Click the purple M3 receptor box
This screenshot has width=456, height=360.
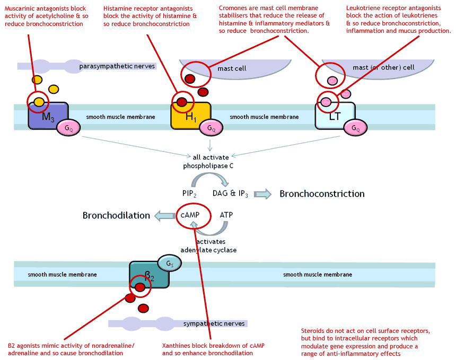tap(48, 116)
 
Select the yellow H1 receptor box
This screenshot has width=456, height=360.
tap(190, 116)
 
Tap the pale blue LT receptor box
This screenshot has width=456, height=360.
tap(335, 116)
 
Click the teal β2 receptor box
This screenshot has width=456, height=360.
tap(149, 275)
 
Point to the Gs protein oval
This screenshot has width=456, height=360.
tap(170, 264)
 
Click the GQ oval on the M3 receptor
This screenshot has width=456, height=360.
tap(68, 128)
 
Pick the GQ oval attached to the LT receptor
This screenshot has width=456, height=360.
tap(355, 128)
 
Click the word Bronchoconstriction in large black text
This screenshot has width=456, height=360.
tap(322, 194)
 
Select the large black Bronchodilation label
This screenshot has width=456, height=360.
tap(116, 215)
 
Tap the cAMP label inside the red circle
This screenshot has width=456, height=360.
tap(190, 215)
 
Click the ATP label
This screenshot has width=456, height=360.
tap(226, 215)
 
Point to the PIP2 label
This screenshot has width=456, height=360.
tap(189, 194)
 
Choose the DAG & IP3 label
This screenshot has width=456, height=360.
tap(230, 194)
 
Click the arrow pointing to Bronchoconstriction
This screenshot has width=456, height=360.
tap(262, 194)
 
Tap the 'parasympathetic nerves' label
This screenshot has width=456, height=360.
tap(117, 66)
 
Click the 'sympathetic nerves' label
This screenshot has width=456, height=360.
tap(214, 323)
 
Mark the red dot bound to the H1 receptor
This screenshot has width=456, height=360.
tap(182, 102)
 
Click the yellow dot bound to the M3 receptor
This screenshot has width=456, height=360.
tap(39, 102)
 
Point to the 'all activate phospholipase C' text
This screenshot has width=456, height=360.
tap(208, 162)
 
